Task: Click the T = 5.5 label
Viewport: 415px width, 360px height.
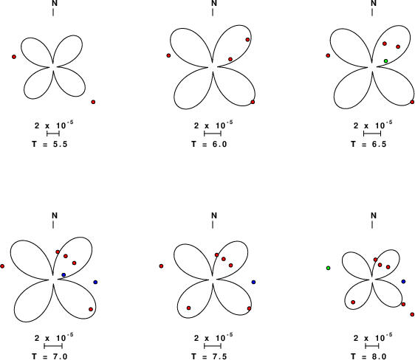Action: [49, 145]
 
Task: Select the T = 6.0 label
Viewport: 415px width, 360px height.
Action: [209, 145]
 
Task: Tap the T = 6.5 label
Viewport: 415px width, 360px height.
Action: [368, 145]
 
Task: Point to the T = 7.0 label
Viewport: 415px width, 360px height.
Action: [49, 356]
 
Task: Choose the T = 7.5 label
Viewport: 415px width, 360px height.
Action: [209, 356]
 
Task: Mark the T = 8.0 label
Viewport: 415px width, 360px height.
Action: [368, 356]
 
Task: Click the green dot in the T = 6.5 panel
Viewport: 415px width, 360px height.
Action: [386, 61]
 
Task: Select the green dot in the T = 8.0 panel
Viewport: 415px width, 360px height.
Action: [328, 268]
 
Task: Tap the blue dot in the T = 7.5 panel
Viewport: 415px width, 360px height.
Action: [253, 283]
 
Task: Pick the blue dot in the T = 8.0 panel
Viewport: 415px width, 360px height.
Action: [403, 282]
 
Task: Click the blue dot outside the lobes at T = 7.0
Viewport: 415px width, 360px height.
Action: [95, 283]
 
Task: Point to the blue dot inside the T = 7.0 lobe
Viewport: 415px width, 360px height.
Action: [64, 275]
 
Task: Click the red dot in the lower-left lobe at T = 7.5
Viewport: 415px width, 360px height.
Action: [188, 308]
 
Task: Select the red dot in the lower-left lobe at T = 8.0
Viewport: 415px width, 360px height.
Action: [353, 302]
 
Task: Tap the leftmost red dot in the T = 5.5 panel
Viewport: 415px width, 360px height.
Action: [14, 57]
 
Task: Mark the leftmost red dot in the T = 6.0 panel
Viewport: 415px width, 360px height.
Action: [168, 55]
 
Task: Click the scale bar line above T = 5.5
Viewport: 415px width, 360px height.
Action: [53, 134]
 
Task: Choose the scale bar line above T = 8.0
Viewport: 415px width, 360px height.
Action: [372, 346]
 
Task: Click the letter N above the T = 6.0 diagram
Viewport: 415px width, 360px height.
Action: [214, 3]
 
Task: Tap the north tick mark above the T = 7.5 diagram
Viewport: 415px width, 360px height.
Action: [213, 224]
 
